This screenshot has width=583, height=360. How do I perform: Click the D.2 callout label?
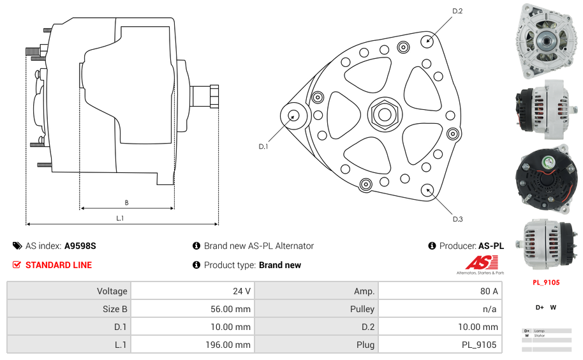point(457,11)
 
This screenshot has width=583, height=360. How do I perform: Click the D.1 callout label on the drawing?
point(263,147)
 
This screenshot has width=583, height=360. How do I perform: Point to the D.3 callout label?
point(457,219)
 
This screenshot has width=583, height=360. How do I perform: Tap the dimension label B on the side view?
point(126,203)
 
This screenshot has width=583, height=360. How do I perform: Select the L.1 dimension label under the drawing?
point(120,218)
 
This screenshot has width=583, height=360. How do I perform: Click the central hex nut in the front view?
point(384,114)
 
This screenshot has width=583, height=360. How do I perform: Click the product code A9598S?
point(80,246)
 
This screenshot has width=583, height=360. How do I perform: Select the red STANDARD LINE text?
point(59,265)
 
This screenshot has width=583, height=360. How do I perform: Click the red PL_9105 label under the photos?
point(545,282)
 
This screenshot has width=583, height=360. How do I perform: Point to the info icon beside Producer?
point(432,246)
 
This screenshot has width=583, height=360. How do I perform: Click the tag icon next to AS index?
point(17,246)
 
